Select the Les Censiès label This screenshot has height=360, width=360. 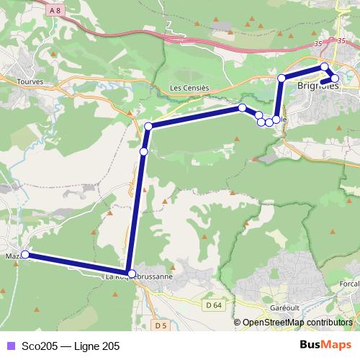point(189,88)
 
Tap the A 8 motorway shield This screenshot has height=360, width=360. point(55,10)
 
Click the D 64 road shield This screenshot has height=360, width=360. point(212,305)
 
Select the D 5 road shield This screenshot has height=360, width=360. point(161,326)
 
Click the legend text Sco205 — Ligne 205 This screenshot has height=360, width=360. point(71,346)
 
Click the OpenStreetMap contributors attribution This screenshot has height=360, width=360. point(297,323)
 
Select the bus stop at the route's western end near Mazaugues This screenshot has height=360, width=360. point(24,254)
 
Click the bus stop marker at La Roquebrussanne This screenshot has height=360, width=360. point(130,273)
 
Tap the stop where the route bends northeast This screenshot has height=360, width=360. point(148,127)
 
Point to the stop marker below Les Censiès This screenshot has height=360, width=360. point(243,108)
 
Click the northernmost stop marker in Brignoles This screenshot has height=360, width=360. point(325,67)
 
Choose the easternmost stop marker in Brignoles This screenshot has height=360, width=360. point(334,78)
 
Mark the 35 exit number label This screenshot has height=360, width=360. point(318,45)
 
